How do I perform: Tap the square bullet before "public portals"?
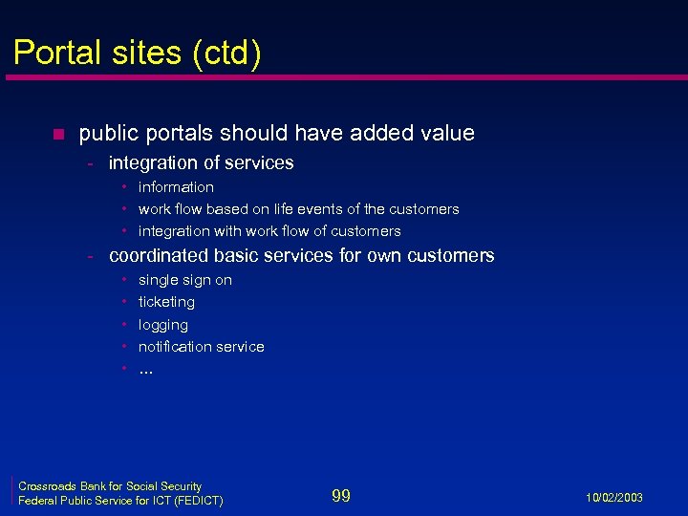click(58, 134)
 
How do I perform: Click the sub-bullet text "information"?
click(176, 187)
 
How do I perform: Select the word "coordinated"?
click(161, 256)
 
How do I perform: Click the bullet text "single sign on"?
click(185, 280)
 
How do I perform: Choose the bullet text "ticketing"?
click(166, 302)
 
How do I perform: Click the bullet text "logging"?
click(163, 325)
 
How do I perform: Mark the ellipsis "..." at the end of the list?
click(145, 370)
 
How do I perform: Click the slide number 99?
click(341, 495)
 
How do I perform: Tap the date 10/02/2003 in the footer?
click(614, 498)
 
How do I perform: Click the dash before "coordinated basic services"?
click(88, 256)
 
